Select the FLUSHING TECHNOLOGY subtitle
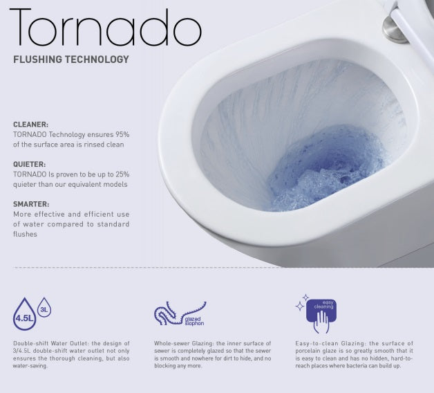(71, 60)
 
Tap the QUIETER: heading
(30, 163)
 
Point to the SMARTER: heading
(31, 204)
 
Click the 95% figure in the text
(121, 133)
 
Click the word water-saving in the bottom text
(29, 366)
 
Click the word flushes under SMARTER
(26, 235)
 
